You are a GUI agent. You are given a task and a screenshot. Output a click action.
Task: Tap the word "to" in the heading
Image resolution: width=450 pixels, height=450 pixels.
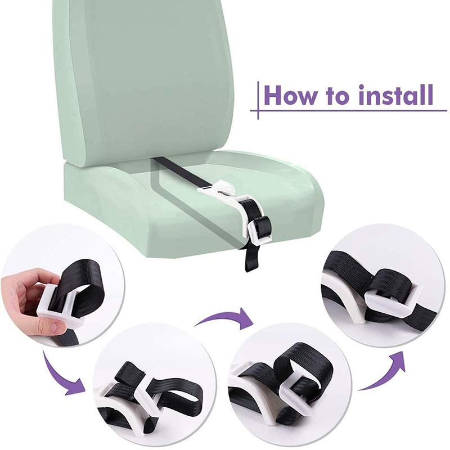(x=340, y=96)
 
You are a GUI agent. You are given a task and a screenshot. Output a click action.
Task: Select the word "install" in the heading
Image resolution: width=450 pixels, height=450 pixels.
(x=397, y=95)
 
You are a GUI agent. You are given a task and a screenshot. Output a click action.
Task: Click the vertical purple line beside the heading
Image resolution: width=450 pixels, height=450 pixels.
(x=258, y=100)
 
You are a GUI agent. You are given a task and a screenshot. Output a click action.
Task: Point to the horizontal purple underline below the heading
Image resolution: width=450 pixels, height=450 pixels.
(x=349, y=110)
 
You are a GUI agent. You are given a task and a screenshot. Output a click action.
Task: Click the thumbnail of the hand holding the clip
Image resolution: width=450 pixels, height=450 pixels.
(x=62, y=286)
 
